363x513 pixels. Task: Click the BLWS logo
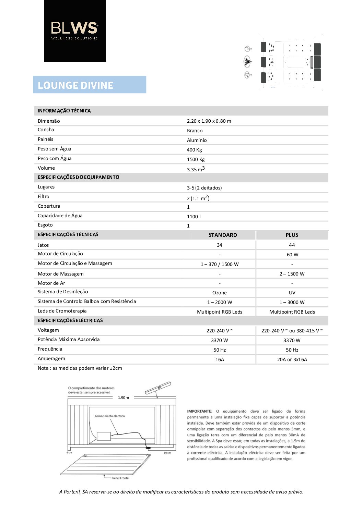pyautogui.click(x=74, y=30)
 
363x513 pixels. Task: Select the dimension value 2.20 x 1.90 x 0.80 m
pyautogui.click(x=209, y=121)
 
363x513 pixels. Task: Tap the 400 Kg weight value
pyautogui.click(x=194, y=150)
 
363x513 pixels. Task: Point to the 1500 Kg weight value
pyautogui.click(x=196, y=159)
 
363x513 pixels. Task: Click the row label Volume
pyautogui.click(x=46, y=168)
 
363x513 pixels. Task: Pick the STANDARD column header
pyautogui.click(x=222, y=235)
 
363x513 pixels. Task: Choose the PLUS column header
pyautogui.click(x=292, y=235)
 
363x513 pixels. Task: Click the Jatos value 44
pyautogui.click(x=292, y=245)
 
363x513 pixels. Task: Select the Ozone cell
pyautogui.click(x=220, y=293)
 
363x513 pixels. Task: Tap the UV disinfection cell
pyautogui.click(x=292, y=293)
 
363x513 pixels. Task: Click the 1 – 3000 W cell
pyautogui.click(x=292, y=302)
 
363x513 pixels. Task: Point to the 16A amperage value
pyautogui.click(x=220, y=359)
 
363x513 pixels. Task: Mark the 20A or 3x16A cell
pyautogui.click(x=292, y=359)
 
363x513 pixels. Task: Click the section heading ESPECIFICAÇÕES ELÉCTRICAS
pyautogui.click(x=70, y=320)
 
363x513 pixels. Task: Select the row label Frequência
pyautogui.click(x=50, y=349)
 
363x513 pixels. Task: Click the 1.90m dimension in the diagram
pyautogui.click(x=124, y=398)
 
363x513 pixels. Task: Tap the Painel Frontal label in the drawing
pyautogui.click(x=120, y=478)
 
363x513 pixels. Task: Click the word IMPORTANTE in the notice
pyautogui.click(x=200, y=411)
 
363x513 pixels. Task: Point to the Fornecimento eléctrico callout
pyautogui.click(x=110, y=416)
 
